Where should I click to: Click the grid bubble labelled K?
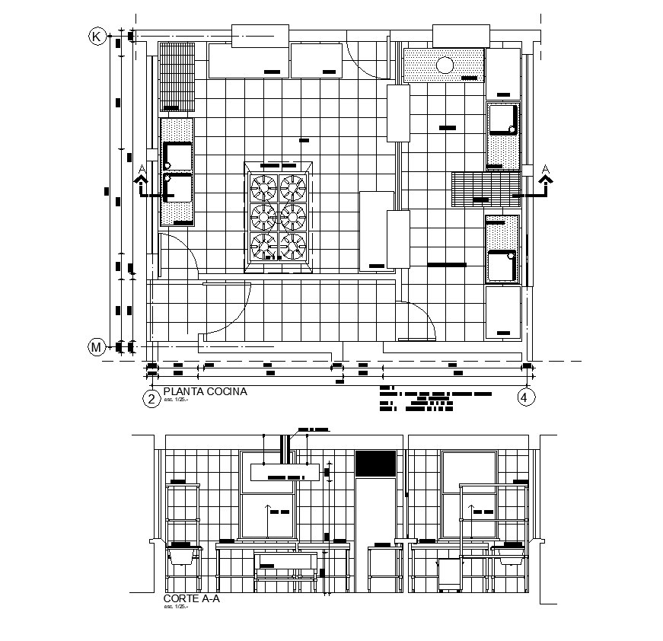tap(97, 36)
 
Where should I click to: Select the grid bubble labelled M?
tap(97, 348)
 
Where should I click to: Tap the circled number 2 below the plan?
tap(151, 397)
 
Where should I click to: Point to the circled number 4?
tap(524, 397)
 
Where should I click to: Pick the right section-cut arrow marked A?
tap(546, 181)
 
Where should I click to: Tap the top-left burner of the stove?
tap(264, 186)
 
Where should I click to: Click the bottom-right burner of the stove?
tap(293, 245)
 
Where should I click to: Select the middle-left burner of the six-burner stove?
tap(264, 216)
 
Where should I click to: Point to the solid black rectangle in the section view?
tap(376, 463)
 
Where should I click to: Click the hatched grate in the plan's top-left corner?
tap(177, 77)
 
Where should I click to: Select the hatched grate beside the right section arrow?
tap(486, 189)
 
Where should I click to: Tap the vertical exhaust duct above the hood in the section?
tap(286, 448)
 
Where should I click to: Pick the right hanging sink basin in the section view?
tap(511, 557)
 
